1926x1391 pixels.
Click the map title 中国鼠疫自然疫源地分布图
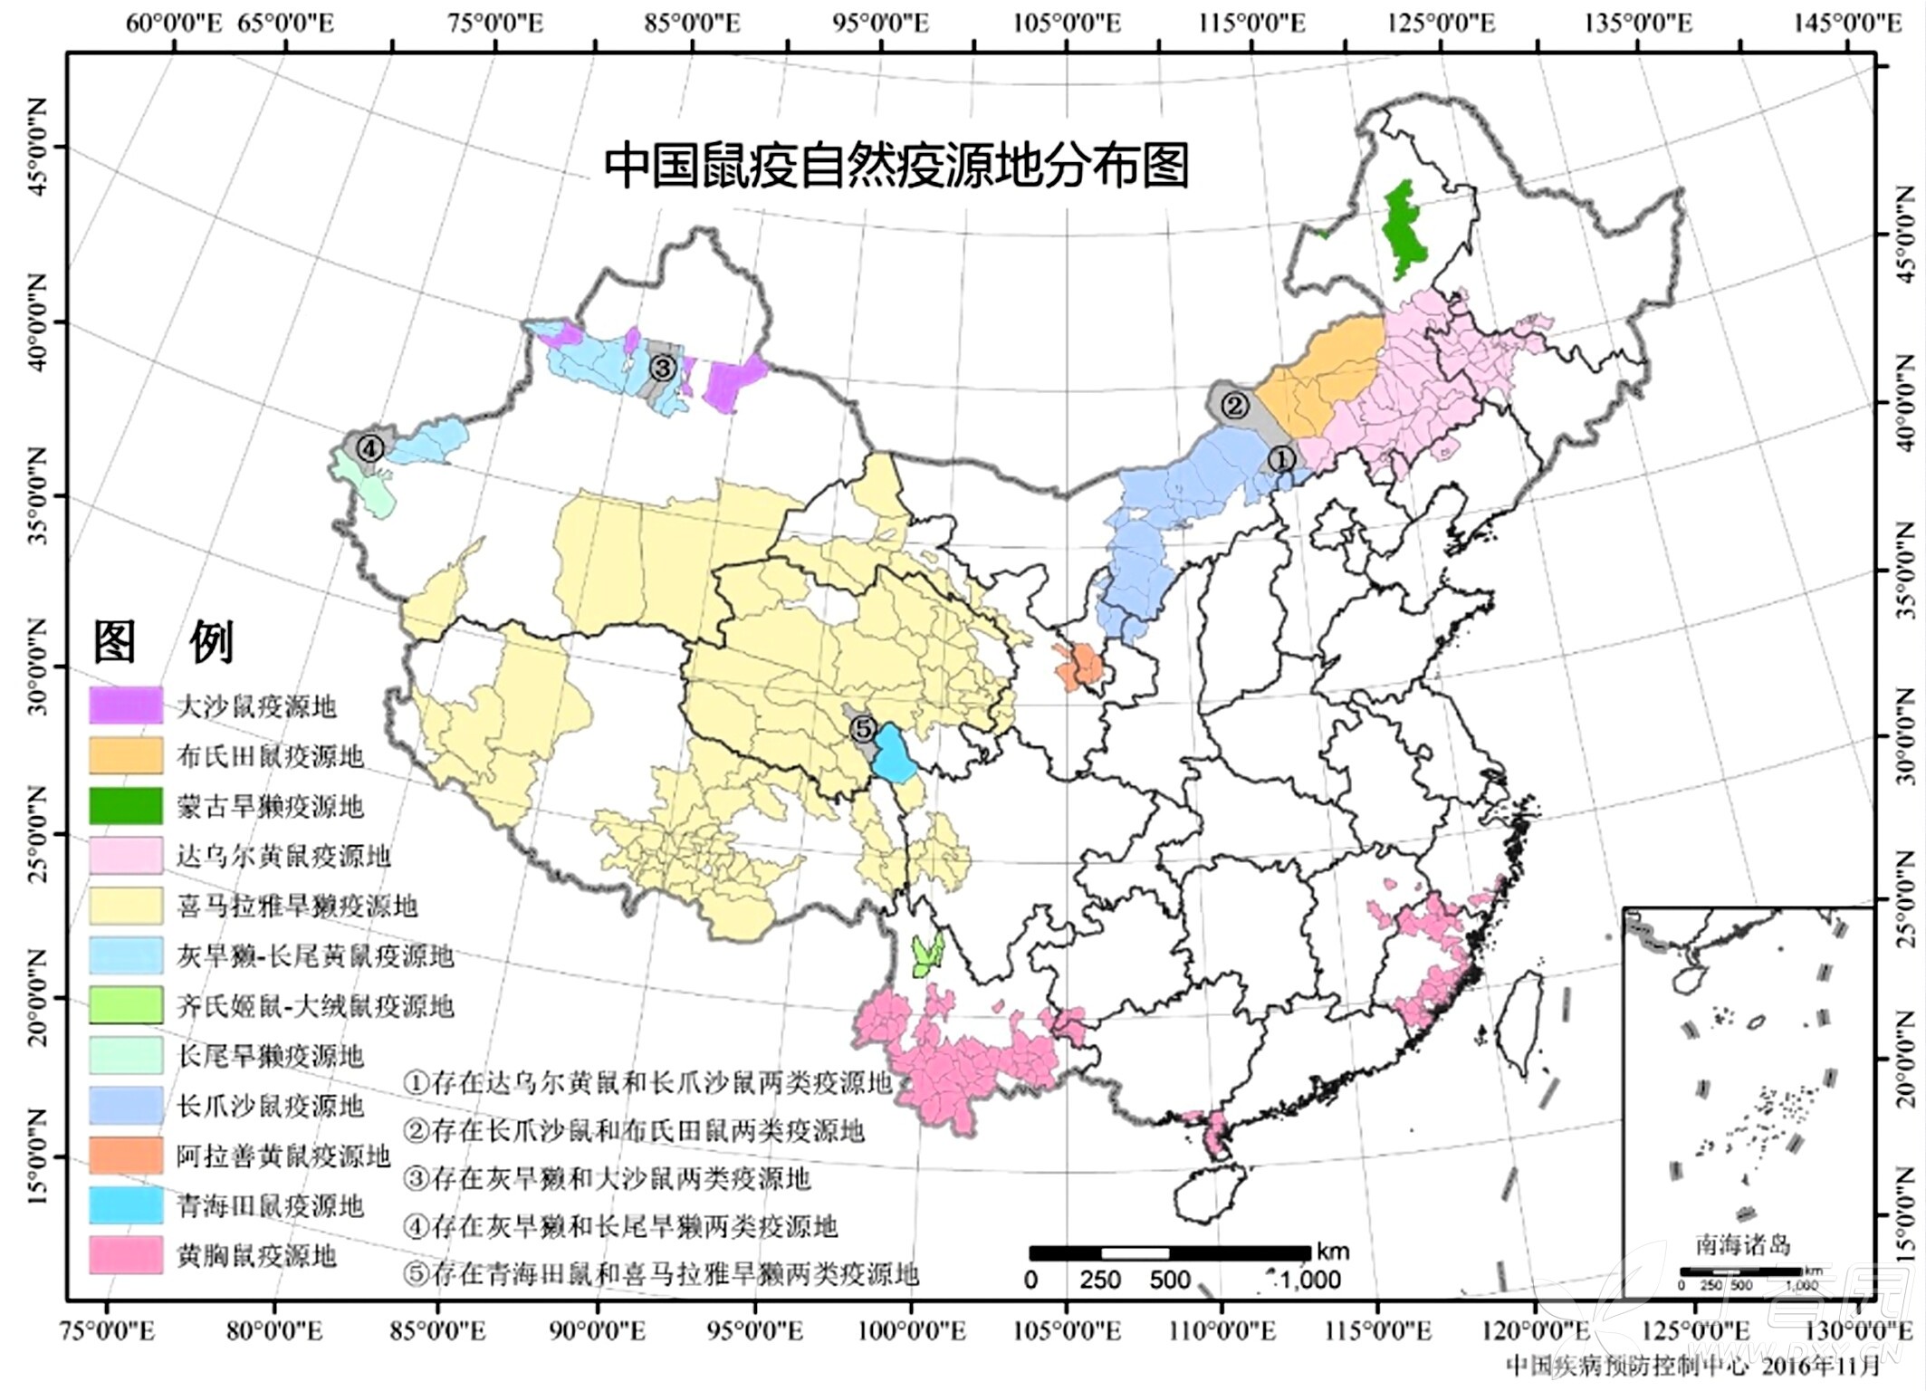point(896,166)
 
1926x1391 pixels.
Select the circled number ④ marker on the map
point(369,447)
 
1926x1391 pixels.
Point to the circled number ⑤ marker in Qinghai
point(864,727)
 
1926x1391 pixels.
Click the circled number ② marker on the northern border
point(1235,406)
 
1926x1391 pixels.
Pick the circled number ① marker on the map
point(1280,459)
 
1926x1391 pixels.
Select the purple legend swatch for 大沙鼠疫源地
point(126,705)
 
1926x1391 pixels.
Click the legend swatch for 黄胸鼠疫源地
point(126,1255)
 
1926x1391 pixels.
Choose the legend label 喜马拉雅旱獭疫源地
point(296,906)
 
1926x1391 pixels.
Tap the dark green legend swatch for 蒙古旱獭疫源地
point(126,805)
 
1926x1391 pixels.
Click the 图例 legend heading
point(164,642)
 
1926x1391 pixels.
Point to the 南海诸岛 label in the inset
point(1743,1245)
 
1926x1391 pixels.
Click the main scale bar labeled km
point(1170,1253)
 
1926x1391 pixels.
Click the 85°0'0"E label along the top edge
point(692,23)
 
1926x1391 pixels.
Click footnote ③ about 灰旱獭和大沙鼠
point(608,1178)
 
